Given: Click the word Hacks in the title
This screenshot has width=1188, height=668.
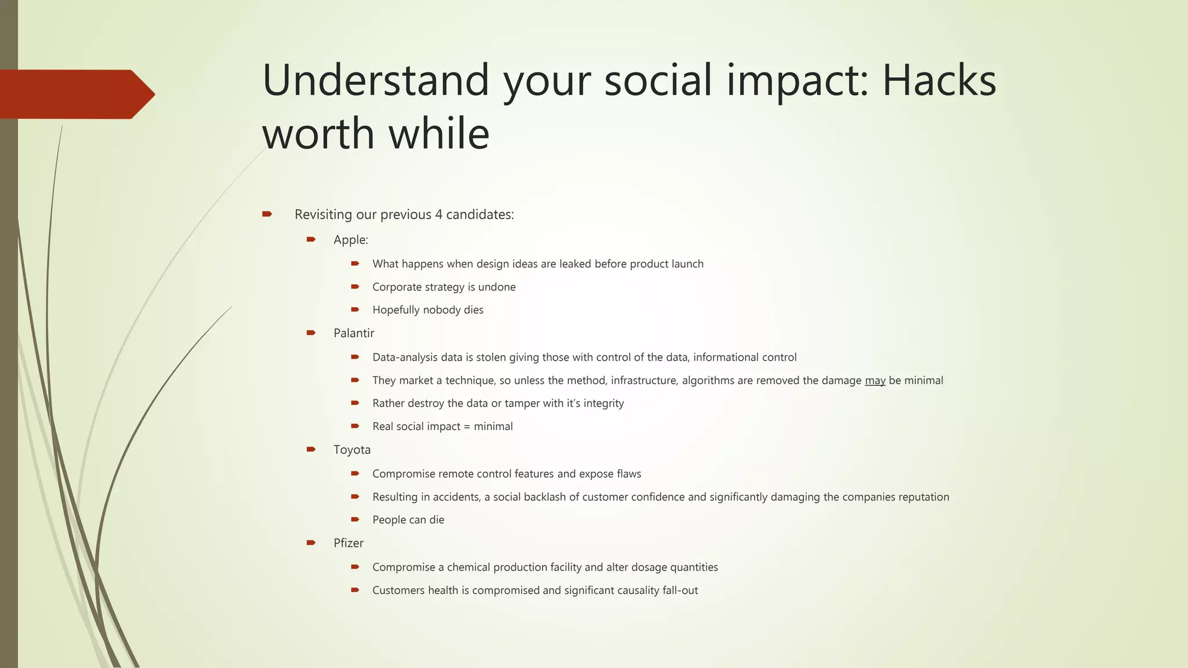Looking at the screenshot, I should tap(939, 80).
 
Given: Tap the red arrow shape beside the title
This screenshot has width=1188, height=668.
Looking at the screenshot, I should tap(75, 95).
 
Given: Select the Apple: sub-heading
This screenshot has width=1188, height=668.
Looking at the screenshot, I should tap(350, 240).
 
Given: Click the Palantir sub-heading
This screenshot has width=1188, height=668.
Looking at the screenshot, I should tap(353, 333).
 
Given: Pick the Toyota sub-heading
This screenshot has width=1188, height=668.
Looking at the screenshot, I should tap(352, 450).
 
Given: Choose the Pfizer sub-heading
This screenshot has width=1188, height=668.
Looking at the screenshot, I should tap(348, 543).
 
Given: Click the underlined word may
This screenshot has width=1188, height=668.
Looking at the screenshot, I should tap(875, 381).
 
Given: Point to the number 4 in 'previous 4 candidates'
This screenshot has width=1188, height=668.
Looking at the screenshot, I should tap(439, 215).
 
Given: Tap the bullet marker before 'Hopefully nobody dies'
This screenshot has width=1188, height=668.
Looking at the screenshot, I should tap(355, 310).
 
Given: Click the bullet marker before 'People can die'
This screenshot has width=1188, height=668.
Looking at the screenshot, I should tap(355, 520).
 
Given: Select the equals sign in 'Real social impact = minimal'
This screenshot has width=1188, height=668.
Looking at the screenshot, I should tap(467, 427).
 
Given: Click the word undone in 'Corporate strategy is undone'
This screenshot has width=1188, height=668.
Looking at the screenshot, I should tap(497, 287).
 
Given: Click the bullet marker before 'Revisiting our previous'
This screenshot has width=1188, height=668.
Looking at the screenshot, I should tap(267, 214).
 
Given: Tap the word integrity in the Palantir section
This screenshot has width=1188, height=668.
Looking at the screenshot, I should tap(603, 404).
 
